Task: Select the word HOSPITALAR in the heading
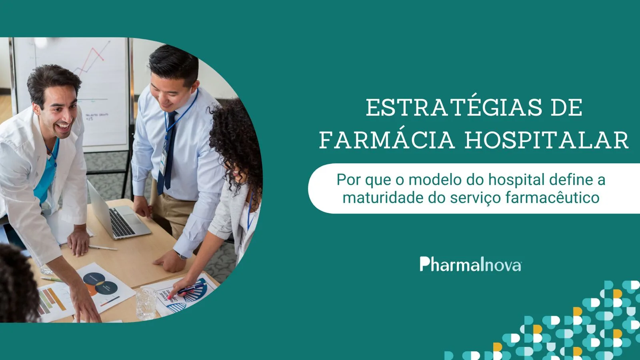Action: tap(546, 140)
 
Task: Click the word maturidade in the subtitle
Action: tap(383, 198)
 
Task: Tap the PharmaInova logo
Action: tap(470, 264)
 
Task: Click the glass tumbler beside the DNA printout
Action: tap(146, 304)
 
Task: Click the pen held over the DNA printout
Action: tap(192, 288)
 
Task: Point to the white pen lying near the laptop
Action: tap(102, 248)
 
